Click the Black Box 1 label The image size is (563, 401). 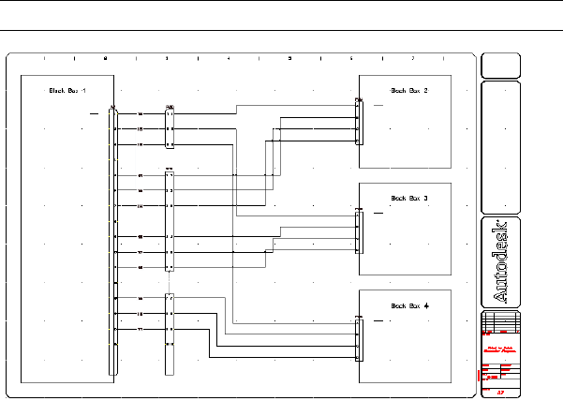(67, 91)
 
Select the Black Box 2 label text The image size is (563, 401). (408, 91)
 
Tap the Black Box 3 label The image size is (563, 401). (408, 199)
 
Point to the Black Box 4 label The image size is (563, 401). (408, 306)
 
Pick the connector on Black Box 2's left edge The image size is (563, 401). (358, 122)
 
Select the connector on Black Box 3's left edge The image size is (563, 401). (358, 231)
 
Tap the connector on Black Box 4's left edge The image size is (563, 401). (358, 338)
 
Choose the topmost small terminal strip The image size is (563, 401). (170, 127)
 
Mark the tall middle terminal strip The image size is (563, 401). (170, 220)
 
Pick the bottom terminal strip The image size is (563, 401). (170, 334)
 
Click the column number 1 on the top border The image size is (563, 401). (44, 59)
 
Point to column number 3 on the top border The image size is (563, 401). (167, 59)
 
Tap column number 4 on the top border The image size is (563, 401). (229, 59)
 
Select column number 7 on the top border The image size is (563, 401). (412, 59)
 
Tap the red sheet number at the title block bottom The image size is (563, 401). (501, 393)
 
